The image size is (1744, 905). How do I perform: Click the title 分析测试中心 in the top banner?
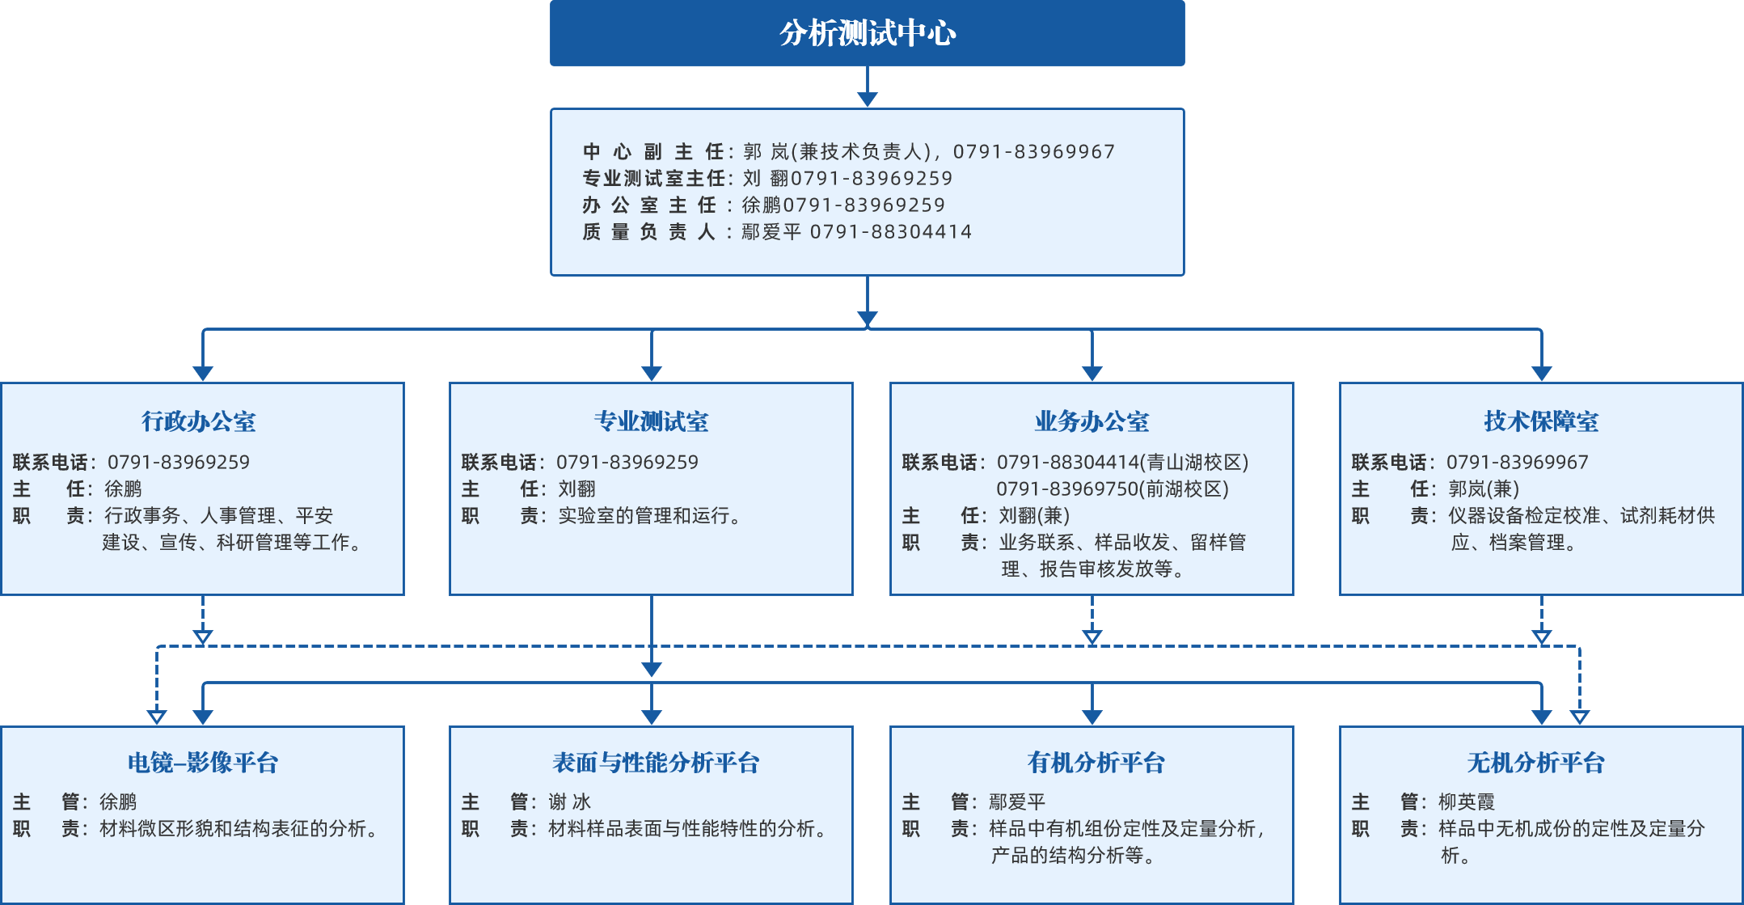(x=867, y=33)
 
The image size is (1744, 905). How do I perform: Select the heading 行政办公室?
(x=199, y=421)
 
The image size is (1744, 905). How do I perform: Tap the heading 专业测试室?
(x=651, y=421)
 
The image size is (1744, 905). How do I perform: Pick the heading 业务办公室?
(x=1092, y=421)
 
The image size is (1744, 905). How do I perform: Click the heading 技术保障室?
(x=1541, y=421)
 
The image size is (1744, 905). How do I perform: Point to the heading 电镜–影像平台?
(x=203, y=763)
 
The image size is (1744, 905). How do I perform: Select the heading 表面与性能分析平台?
(x=656, y=763)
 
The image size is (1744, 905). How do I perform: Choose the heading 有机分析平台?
(x=1096, y=763)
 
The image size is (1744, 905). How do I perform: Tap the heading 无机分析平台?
(x=1535, y=763)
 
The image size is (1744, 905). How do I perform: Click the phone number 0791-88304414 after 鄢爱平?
(x=890, y=232)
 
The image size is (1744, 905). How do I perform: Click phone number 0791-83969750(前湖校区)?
(x=1112, y=489)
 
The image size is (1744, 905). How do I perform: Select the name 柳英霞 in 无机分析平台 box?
(x=1466, y=802)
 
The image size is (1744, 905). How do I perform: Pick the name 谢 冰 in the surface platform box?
(x=569, y=802)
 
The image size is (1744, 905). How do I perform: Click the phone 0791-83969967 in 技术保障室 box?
(x=1517, y=463)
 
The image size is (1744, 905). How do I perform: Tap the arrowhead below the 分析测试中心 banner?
(x=867, y=99)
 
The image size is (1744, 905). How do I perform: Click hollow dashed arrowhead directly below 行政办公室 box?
(x=203, y=637)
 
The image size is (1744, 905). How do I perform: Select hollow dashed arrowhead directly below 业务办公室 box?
(x=1092, y=637)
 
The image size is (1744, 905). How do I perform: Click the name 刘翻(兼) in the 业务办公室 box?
(x=1033, y=516)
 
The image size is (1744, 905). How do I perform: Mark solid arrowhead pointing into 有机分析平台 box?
(x=1092, y=717)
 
